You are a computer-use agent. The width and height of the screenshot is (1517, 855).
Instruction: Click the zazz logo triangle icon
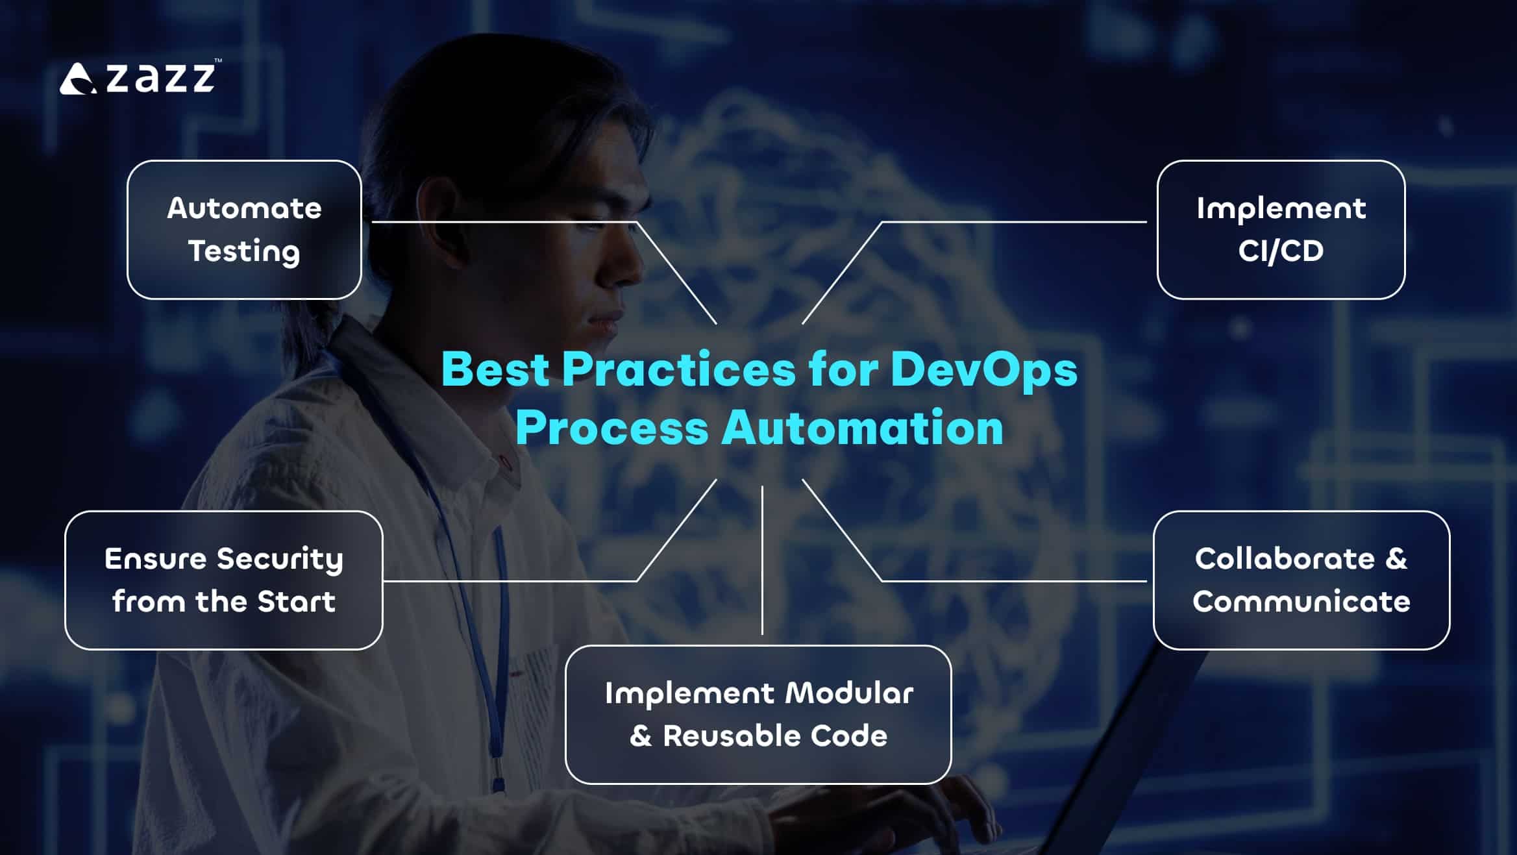click(78, 79)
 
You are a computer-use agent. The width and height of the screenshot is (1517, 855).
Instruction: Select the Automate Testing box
click(244, 230)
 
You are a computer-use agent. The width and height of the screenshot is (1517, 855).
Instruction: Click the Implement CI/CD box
click(1281, 230)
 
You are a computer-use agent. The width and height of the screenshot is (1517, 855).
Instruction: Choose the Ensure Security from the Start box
click(224, 580)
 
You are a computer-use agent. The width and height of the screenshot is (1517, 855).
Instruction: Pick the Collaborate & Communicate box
click(1301, 580)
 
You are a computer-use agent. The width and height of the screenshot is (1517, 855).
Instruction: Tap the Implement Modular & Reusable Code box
click(758, 714)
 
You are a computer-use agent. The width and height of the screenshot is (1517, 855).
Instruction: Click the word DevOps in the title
click(984, 370)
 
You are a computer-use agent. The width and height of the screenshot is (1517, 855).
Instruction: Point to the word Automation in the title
click(863, 428)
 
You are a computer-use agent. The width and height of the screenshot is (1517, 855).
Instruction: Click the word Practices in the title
click(679, 369)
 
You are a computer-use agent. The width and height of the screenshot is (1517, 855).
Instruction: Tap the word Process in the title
click(611, 428)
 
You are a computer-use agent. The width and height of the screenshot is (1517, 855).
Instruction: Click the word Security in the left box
click(280, 560)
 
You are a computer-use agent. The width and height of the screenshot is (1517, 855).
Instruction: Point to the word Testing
click(244, 252)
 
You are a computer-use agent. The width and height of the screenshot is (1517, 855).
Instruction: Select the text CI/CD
click(1281, 251)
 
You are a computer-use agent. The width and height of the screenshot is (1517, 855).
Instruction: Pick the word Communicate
click(1301, 601)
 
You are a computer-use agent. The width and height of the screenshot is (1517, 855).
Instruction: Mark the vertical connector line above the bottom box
click(762, 560)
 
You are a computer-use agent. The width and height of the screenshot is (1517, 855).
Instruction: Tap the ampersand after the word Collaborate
click(1396, 559)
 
